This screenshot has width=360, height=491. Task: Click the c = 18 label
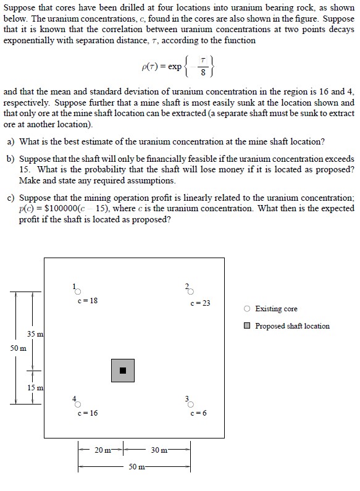click(88, 301)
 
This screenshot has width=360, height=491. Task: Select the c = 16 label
click(88, 413)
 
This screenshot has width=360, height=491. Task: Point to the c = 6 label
click(199, 413)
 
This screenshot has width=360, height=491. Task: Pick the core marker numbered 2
click(190, 293)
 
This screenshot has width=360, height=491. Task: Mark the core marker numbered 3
click(190, 405)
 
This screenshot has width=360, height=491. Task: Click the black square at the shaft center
click(122, 370)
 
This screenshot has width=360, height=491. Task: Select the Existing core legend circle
click(247, 309)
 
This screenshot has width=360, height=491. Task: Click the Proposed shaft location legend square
click(247, 326)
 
